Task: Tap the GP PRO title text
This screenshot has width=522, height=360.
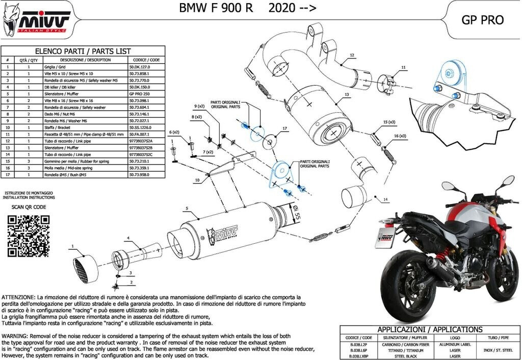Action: pos(482,20)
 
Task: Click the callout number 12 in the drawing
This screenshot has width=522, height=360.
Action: pos(352,55)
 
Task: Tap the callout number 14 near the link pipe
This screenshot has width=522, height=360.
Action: pos(386,199)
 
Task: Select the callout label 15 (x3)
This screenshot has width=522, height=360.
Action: pos(389,122)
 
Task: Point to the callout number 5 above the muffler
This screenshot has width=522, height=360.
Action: pos(188,208)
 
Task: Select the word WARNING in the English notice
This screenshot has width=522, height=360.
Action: pos(15,337)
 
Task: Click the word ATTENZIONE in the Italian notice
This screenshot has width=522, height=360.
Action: pos(18,297)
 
